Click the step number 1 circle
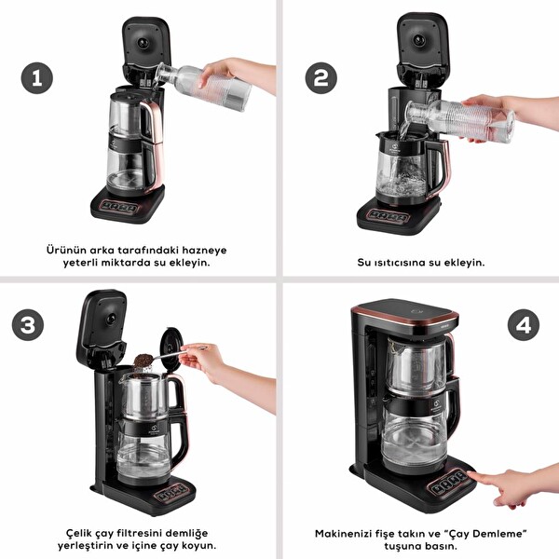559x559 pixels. pyautogui.click(x=37, y=77)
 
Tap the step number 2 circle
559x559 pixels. pyautogui.click(x=320, y=77)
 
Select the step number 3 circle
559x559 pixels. pyautogui.click(x=31, y=325)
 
